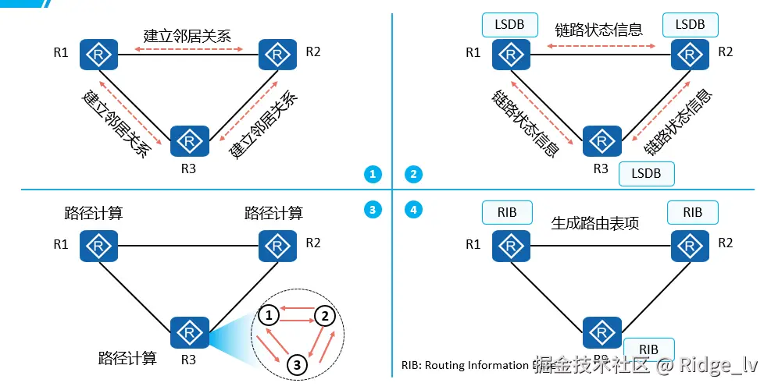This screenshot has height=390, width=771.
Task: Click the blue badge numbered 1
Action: [373, 174]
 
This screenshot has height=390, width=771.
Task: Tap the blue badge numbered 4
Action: [414, 209]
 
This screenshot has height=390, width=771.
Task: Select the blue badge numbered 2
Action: [414, 174]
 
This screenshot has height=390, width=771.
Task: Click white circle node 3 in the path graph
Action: [296, 363]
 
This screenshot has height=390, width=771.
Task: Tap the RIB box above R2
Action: [692, 212]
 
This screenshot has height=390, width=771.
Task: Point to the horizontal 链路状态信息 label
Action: [599, 30]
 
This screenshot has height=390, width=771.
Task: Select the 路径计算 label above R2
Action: [273, 212]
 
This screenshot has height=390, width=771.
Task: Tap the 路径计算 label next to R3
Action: [127, 358]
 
